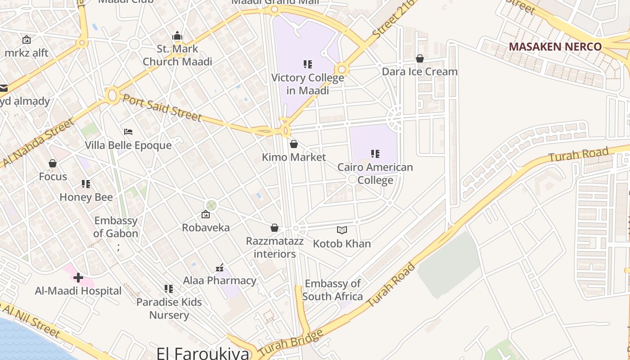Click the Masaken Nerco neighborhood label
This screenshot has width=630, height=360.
point(555,47)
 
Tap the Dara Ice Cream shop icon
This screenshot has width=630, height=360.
point(420,58)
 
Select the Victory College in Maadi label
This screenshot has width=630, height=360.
point(307,84)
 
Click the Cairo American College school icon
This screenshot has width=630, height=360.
point(375,154)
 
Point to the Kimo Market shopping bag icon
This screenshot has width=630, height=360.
point(294,144)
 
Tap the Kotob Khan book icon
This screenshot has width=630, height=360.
point(342,230)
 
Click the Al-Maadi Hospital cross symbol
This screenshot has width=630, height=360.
point(78,278)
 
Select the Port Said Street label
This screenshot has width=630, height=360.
point(162,108)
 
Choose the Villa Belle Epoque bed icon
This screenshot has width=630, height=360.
point(128,132)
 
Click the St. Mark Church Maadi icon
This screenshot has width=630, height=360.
point(177,36)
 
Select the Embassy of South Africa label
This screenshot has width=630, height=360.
point(333,290)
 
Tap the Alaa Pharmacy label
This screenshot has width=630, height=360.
point(220,281)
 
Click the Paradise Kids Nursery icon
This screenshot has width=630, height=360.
point(169,288)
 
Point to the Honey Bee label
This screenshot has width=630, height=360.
point(86,197)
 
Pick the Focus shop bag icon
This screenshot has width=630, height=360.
point(53,163)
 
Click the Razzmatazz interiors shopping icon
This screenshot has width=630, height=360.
point(274,228)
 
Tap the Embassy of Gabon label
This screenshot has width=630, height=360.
point(116,227)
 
